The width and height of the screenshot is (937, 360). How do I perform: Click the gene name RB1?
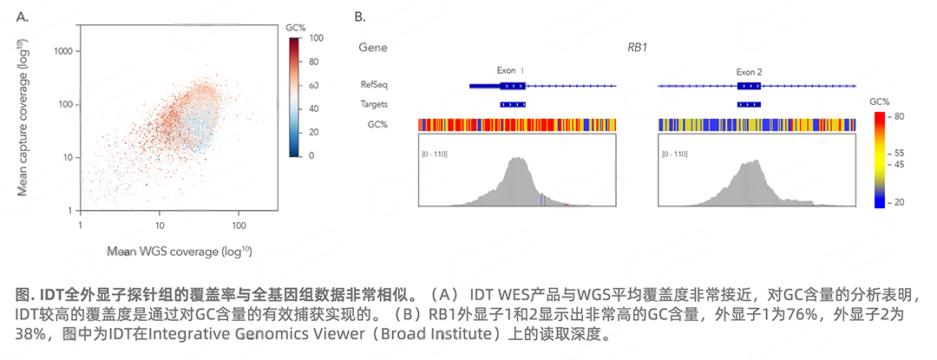[x=638, y=47]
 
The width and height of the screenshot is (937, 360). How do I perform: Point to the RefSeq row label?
[x=375, y=85]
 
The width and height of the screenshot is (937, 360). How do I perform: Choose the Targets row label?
[x=375, y=104]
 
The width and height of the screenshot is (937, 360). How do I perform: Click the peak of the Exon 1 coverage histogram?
[x=518, y=159]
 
